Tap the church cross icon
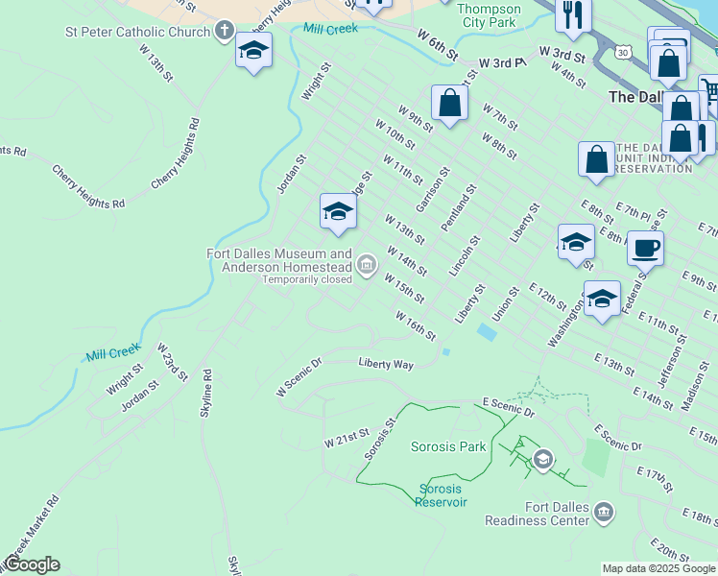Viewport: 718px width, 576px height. (224, 32)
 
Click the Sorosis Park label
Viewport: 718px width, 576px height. (448, 446)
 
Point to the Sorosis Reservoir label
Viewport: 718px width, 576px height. (443, 495)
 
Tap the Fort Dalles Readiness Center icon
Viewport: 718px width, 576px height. (604, 511)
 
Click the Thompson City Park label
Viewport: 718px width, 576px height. (490, 14)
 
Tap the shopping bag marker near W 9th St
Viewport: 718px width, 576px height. (449, 104)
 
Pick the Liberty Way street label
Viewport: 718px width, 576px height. (386, 364)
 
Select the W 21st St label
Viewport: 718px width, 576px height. (347, 439)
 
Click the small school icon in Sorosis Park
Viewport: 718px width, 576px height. (543, 460)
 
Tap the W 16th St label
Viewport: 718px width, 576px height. (416, 325)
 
